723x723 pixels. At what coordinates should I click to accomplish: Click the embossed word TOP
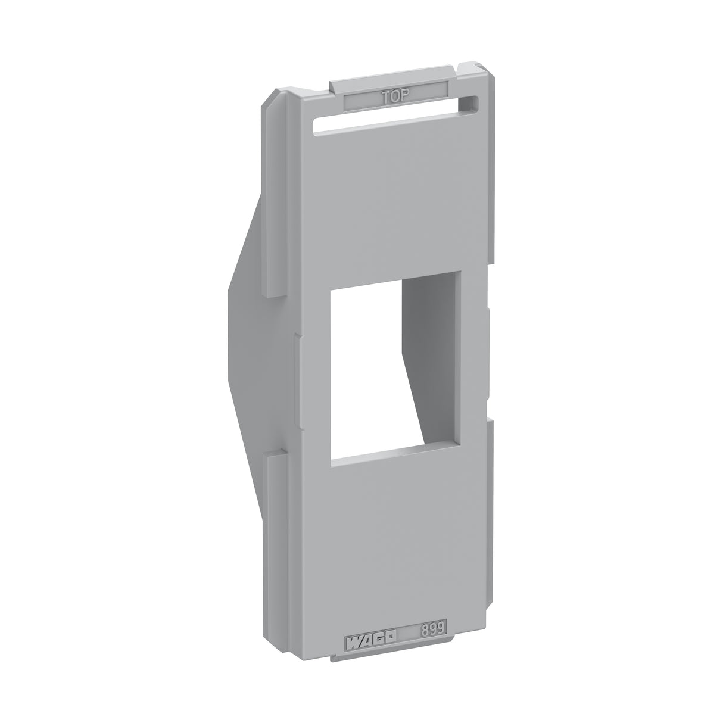point(395,96)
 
